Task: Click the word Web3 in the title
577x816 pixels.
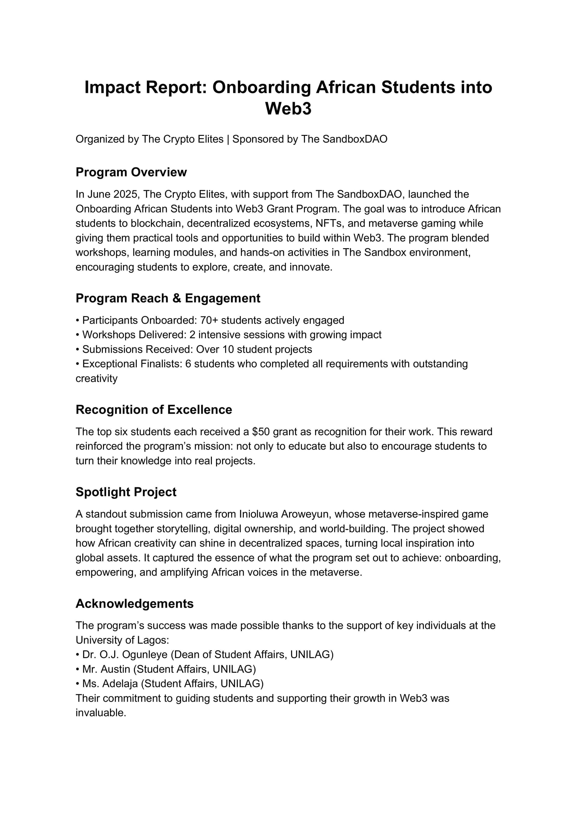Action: [288, 108]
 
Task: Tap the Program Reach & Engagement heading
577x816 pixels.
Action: [168, 298]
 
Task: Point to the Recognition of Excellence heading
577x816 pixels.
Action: [154, 409]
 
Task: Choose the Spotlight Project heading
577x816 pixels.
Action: [126, 492]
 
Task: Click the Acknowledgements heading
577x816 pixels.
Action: [134, 604]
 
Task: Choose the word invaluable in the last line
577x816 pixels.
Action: [101, 713]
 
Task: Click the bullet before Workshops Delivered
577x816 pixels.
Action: [78, 335]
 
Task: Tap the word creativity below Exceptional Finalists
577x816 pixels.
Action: [96, 378]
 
